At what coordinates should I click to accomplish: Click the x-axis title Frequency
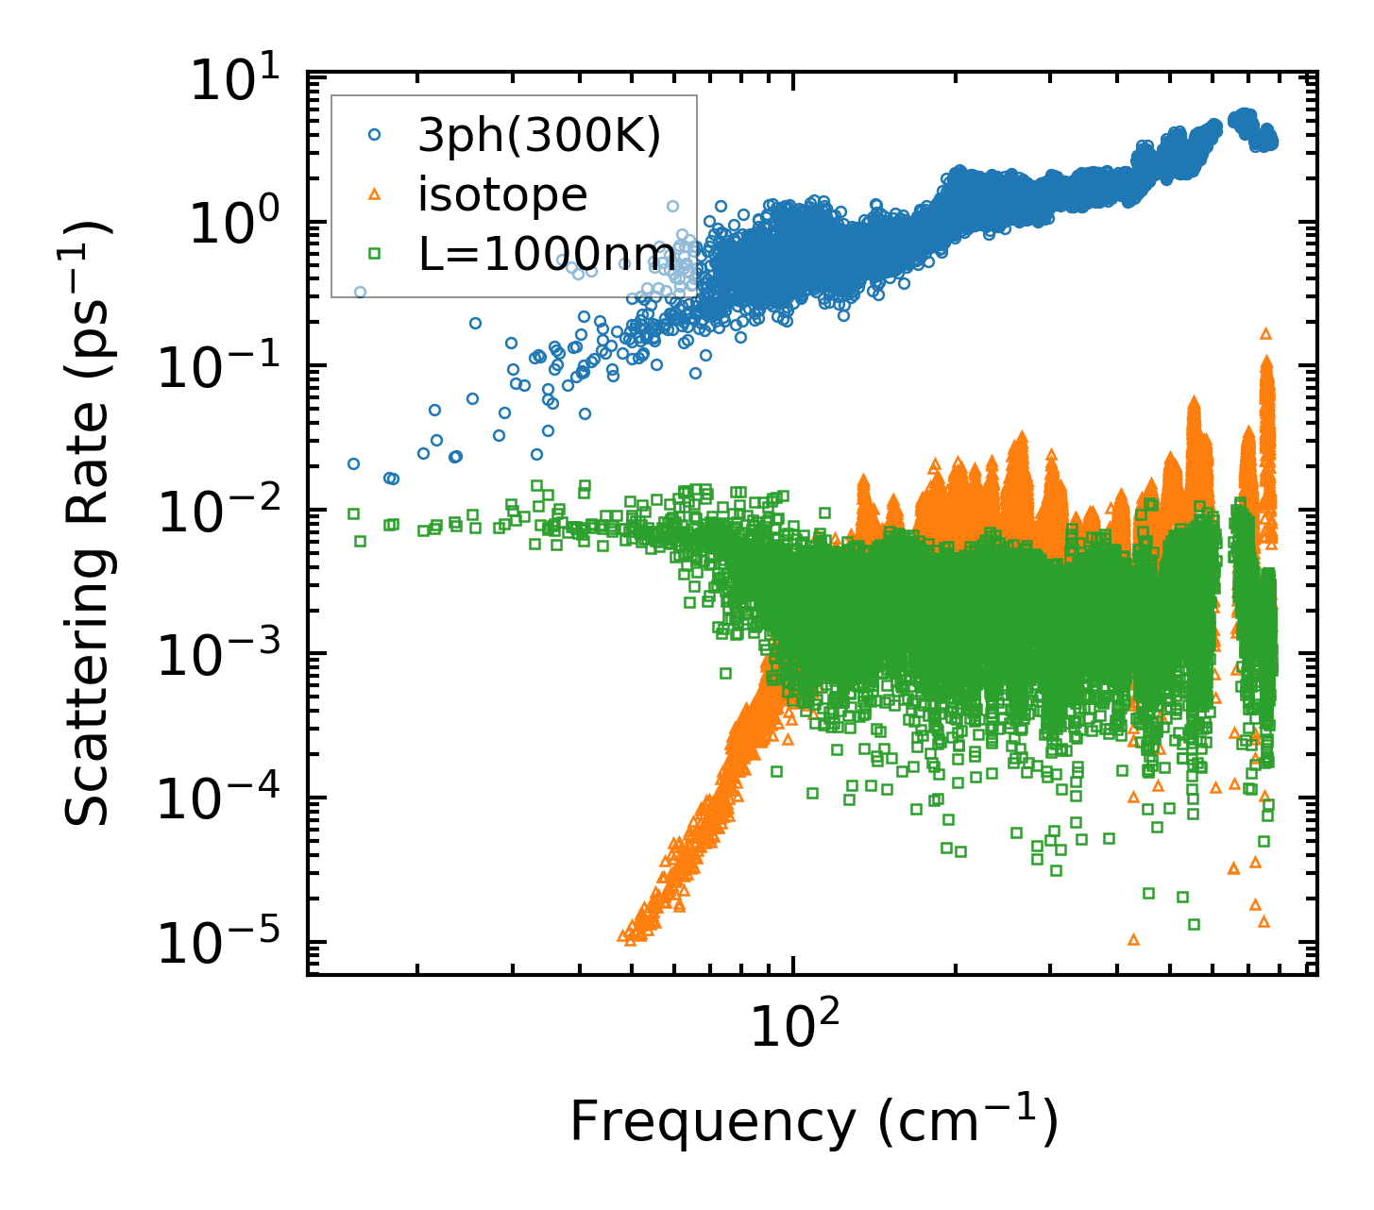pos(813,1123)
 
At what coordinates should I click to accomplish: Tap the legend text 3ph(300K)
pos(539,137)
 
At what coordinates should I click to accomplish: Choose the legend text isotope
pos(502,195)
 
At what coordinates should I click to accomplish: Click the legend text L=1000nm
pos(547,254)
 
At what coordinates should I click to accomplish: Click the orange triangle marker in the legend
pos(375,194)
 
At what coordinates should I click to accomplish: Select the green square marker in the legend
pos(375,253)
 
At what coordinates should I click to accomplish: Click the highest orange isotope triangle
pos(1266,333)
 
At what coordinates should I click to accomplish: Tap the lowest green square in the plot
pos(1194,924)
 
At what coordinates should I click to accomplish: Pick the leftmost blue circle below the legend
pos(353,463)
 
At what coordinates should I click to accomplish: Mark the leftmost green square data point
pos(353,513)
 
